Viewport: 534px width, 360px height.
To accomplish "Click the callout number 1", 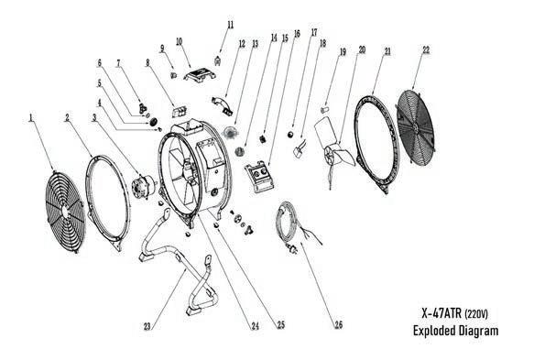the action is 31,118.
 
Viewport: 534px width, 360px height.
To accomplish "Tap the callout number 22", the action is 426,50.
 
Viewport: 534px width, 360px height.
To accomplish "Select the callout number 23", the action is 147,327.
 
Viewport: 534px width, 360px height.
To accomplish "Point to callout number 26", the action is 338,325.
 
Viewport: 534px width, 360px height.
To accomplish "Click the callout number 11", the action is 231,25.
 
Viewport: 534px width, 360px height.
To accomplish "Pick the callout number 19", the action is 343,52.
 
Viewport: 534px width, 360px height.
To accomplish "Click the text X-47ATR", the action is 441,313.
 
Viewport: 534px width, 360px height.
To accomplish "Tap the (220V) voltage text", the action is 475,314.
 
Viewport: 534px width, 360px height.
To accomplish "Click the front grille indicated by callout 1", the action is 65,212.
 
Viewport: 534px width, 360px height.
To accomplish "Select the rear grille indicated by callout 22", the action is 416,128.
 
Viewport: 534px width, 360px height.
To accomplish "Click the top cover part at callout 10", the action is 201,74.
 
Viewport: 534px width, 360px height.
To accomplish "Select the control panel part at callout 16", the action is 260,177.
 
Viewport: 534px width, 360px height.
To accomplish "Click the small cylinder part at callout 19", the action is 325,109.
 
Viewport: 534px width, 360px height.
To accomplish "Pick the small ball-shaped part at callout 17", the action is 290,135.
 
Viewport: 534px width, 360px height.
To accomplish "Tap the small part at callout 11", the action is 218,60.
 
